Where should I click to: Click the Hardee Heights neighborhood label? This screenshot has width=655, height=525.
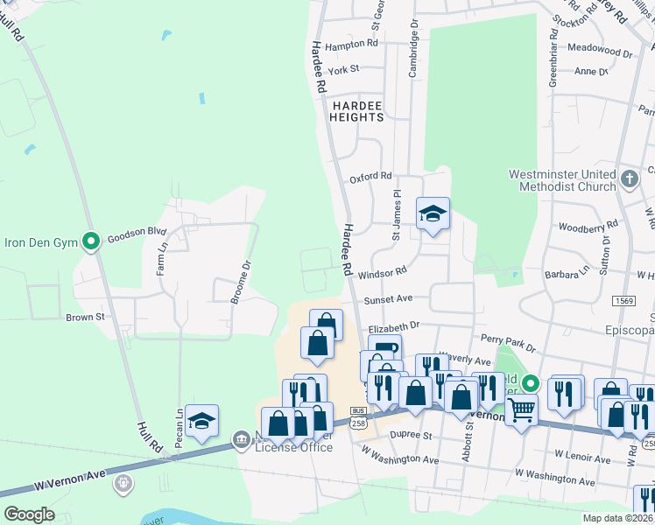356,110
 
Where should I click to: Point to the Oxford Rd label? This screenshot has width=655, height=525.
370,177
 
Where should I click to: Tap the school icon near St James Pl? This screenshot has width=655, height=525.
432,213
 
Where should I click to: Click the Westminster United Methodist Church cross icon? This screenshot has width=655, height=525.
629,180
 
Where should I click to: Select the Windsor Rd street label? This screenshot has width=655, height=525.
389,273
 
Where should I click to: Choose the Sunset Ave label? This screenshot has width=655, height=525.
388,298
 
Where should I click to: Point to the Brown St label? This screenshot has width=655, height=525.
85,317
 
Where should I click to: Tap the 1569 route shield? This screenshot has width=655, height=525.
623,300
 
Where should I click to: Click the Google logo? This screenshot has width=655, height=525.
29,514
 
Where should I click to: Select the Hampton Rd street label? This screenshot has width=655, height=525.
351,43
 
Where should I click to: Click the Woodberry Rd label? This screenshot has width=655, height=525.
588,226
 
